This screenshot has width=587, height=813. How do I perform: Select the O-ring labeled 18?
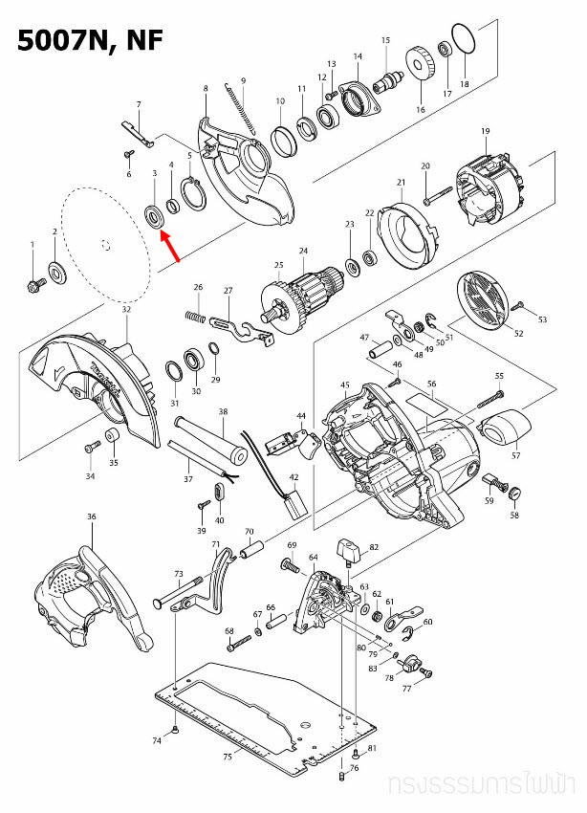464,41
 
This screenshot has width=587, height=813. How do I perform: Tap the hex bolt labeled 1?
34,284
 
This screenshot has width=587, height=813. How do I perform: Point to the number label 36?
92,517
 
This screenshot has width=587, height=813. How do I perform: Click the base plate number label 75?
227,757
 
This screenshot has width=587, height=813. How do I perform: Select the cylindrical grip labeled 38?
206,437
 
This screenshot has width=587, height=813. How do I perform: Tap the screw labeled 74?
179,732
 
